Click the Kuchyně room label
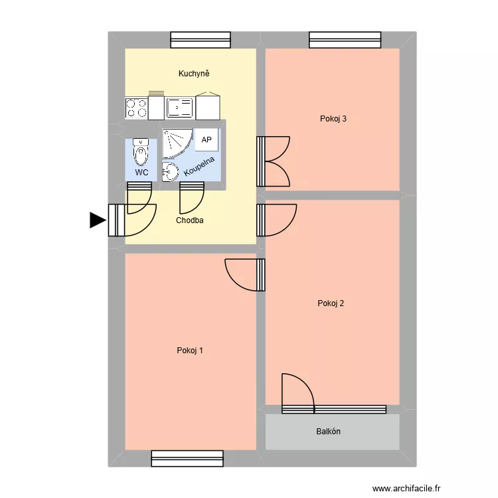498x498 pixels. point(194,74)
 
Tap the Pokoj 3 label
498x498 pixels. point(333,120)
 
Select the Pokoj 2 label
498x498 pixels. point(331,303)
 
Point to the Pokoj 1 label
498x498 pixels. point(190,351)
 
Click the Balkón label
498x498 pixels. point(328,432)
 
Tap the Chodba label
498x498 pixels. point(190,220)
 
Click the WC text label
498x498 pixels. point(141,172)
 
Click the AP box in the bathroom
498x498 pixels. point(207,140)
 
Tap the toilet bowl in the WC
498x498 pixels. point(141,153)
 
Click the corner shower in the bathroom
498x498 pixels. point(175,141)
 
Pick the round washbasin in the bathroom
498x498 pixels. point(170,171)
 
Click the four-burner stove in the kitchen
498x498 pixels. point(136,108)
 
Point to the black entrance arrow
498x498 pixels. point(98,220)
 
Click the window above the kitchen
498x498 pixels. point(201,41)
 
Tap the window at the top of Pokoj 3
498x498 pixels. point(345,41)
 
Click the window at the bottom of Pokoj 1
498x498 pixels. point(187,458)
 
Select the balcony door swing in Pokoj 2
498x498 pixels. point(297,392)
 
